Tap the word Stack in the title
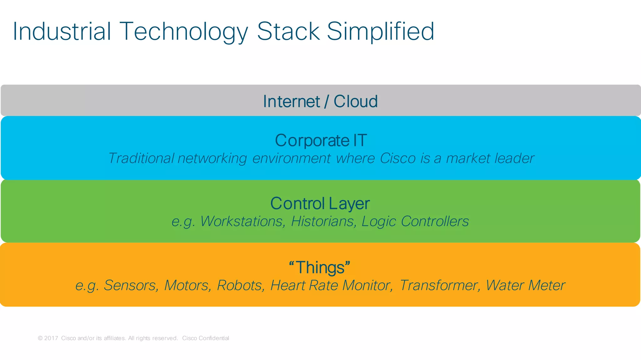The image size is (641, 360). tap(288, 32)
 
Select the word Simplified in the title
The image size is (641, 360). tap(380, 32)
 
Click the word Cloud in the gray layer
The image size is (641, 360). tap(356, 101)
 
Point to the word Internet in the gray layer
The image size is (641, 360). tap(291, 101)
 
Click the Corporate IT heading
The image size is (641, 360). tap(320, 140)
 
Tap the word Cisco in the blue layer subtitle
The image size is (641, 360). tap(397, 158)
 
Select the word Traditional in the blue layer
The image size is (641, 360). tap(141, 158)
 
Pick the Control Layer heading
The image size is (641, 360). tap(320, 204)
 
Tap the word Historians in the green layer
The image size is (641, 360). tap(323, 221)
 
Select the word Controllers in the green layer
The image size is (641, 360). tap(434, 221)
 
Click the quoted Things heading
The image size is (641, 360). tap(319, 268)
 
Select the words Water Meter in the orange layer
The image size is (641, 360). tap(525, 285)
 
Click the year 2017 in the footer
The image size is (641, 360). tap(51, 338)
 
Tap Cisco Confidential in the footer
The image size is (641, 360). tap(205, 338)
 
